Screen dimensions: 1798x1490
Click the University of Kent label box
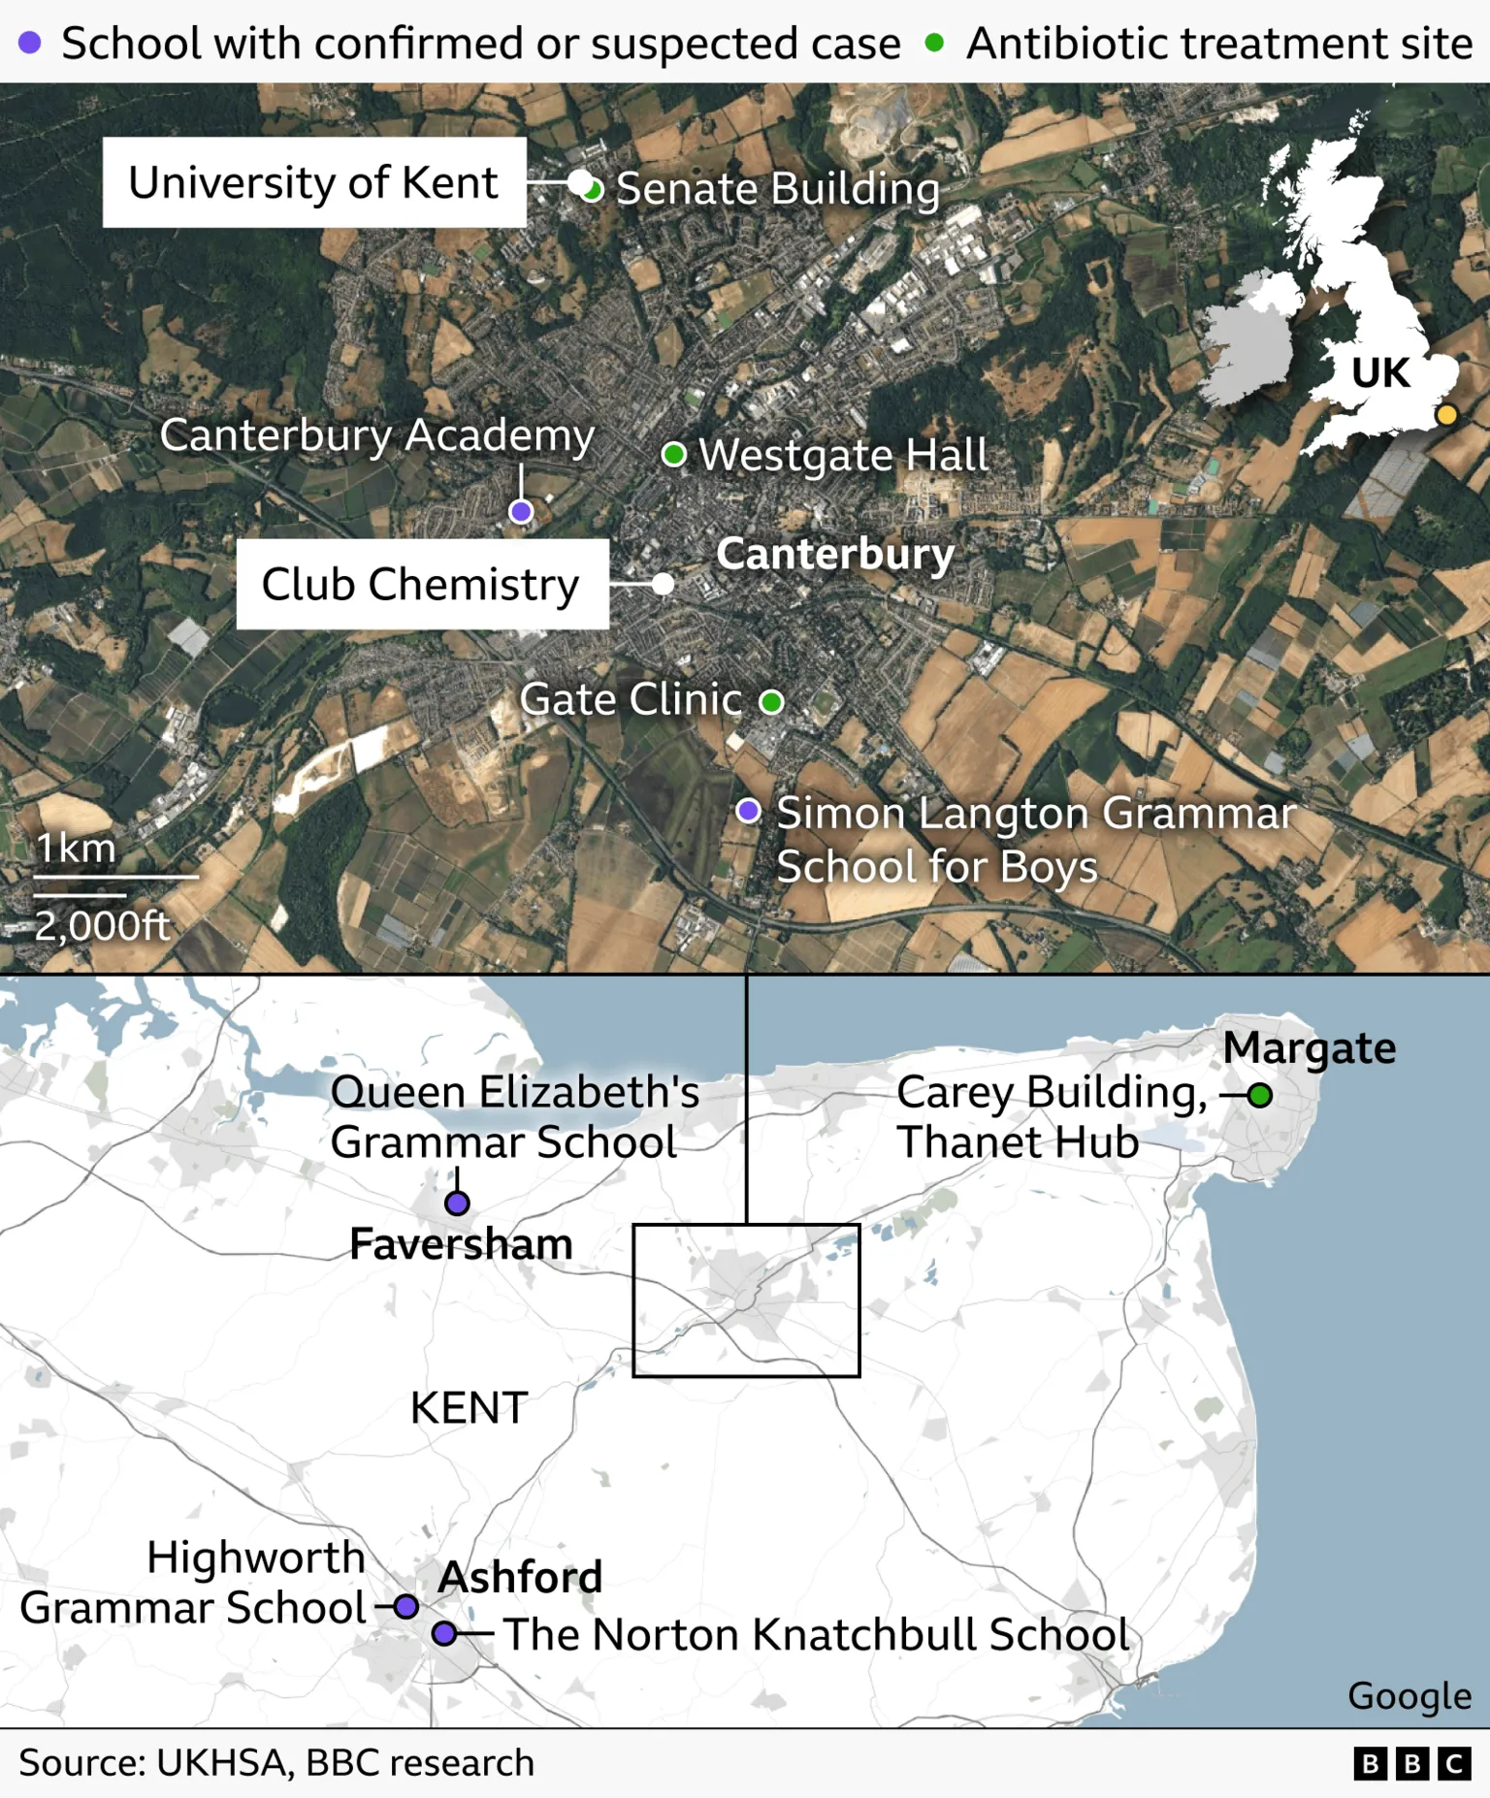click(314, 182)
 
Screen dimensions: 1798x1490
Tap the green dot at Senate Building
click(593, 189)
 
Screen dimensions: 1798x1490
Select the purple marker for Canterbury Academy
click(521, 511)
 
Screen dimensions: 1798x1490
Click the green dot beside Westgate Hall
click(674, 454)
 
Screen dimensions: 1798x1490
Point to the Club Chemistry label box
click(422, 584)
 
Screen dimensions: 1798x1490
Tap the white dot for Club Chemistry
click(664, 584)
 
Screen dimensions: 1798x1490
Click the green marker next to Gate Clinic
click(771, 701)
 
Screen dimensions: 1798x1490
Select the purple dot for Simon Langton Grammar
click(748, 811)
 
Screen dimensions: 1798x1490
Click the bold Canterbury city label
click(835, 554)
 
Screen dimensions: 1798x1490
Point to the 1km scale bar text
click(76, 849)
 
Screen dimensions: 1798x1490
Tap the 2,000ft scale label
click(102, 926)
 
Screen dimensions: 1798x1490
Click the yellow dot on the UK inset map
click(1446, 415)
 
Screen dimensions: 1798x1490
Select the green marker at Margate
click(1260, 1096)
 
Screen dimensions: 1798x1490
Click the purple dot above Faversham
click(457, 1203)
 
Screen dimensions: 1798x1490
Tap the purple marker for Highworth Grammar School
click(406, 1607)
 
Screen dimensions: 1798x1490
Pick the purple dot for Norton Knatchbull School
click(444, 1633)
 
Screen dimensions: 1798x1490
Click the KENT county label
click(469, 1407)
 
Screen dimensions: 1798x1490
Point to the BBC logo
click(1412, 1763)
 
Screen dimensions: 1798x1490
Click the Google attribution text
click(1409, 1695)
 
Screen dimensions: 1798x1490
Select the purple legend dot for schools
click(30, 43)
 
